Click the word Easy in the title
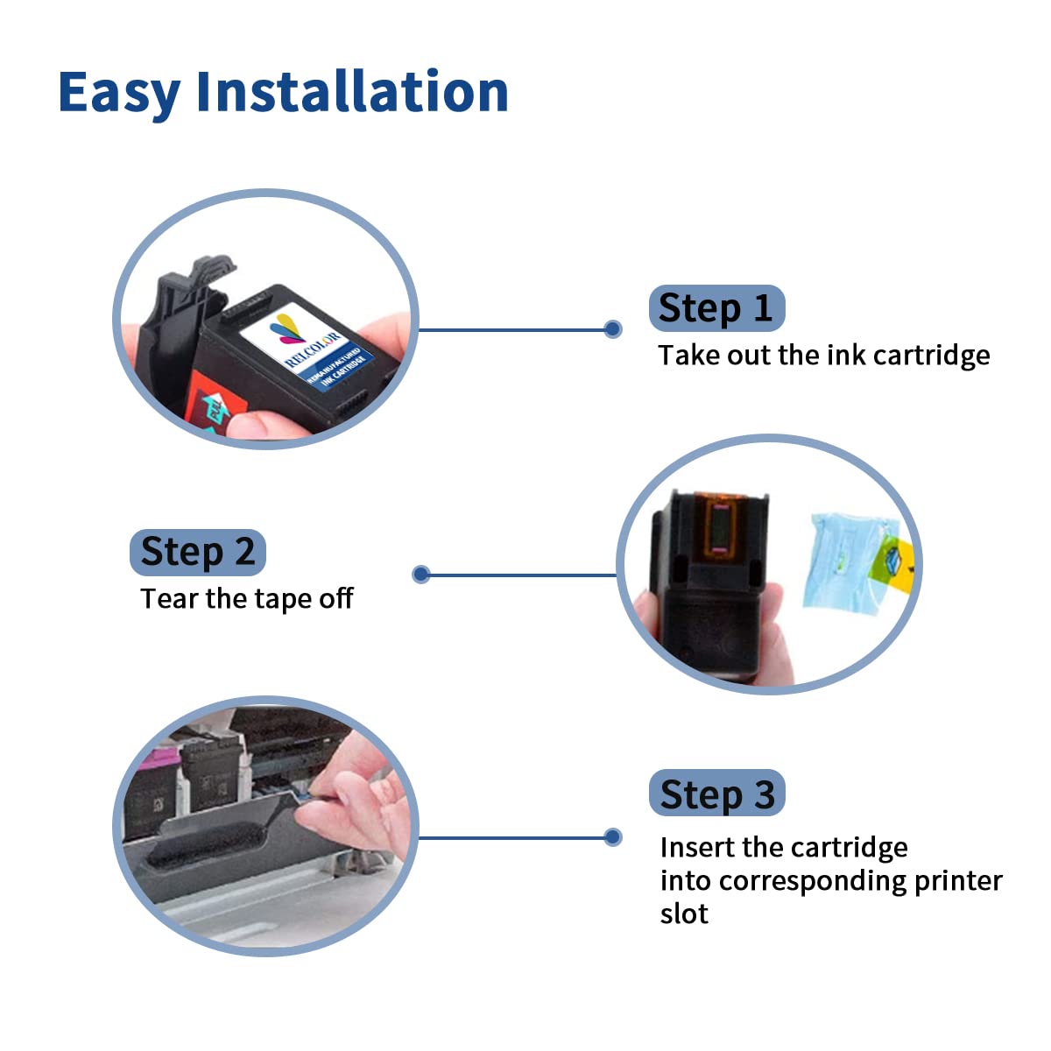click(119, 92)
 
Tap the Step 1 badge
click(716, 308)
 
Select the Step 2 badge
click(197, 552)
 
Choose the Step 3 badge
click(716, 794)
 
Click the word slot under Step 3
click(684, 913)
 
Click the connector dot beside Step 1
click(613, 329)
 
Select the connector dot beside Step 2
click(421, 575)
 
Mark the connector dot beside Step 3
click(613, 837)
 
